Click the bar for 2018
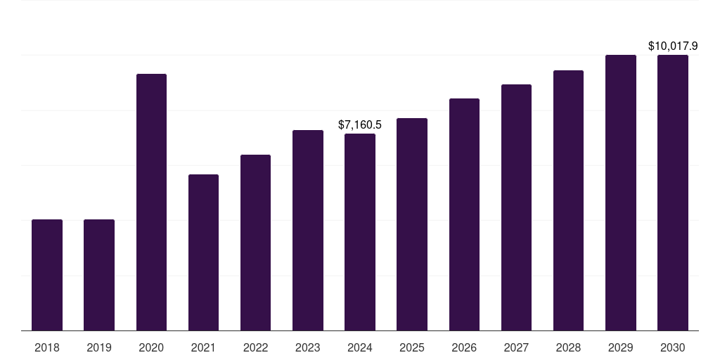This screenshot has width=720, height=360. pos(47,275)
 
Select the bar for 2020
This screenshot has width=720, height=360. pos(151,202)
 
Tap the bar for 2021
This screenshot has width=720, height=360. pos(203,252)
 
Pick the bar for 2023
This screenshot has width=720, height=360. pos(308,230)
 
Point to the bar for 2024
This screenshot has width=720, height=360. pos(360,232)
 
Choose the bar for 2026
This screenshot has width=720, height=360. pos(464,214)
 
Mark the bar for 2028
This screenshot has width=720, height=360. pos(568,200)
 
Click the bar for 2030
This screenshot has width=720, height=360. pos(673,193)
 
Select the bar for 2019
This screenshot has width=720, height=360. pos(99,275)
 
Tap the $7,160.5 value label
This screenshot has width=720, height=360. pos(360,124)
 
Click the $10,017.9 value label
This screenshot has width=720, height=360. pos(673,46)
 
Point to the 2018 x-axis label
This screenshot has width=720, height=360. pos(47,347)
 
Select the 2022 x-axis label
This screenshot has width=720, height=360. pos(255,347)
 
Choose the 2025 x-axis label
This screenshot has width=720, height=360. pos(412,347)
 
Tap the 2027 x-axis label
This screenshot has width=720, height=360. pos(516,347)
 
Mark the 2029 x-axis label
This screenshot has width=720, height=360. pos(620,347)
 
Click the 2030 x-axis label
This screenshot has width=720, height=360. pos(673,347)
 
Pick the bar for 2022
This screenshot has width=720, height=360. pos(255,243)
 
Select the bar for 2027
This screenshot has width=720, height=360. pos(516,207)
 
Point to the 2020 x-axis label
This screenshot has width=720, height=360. pos(151,347)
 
